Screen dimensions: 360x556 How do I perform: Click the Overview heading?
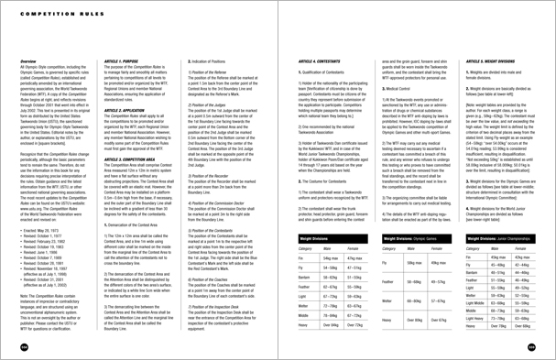[x=31, y=61]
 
